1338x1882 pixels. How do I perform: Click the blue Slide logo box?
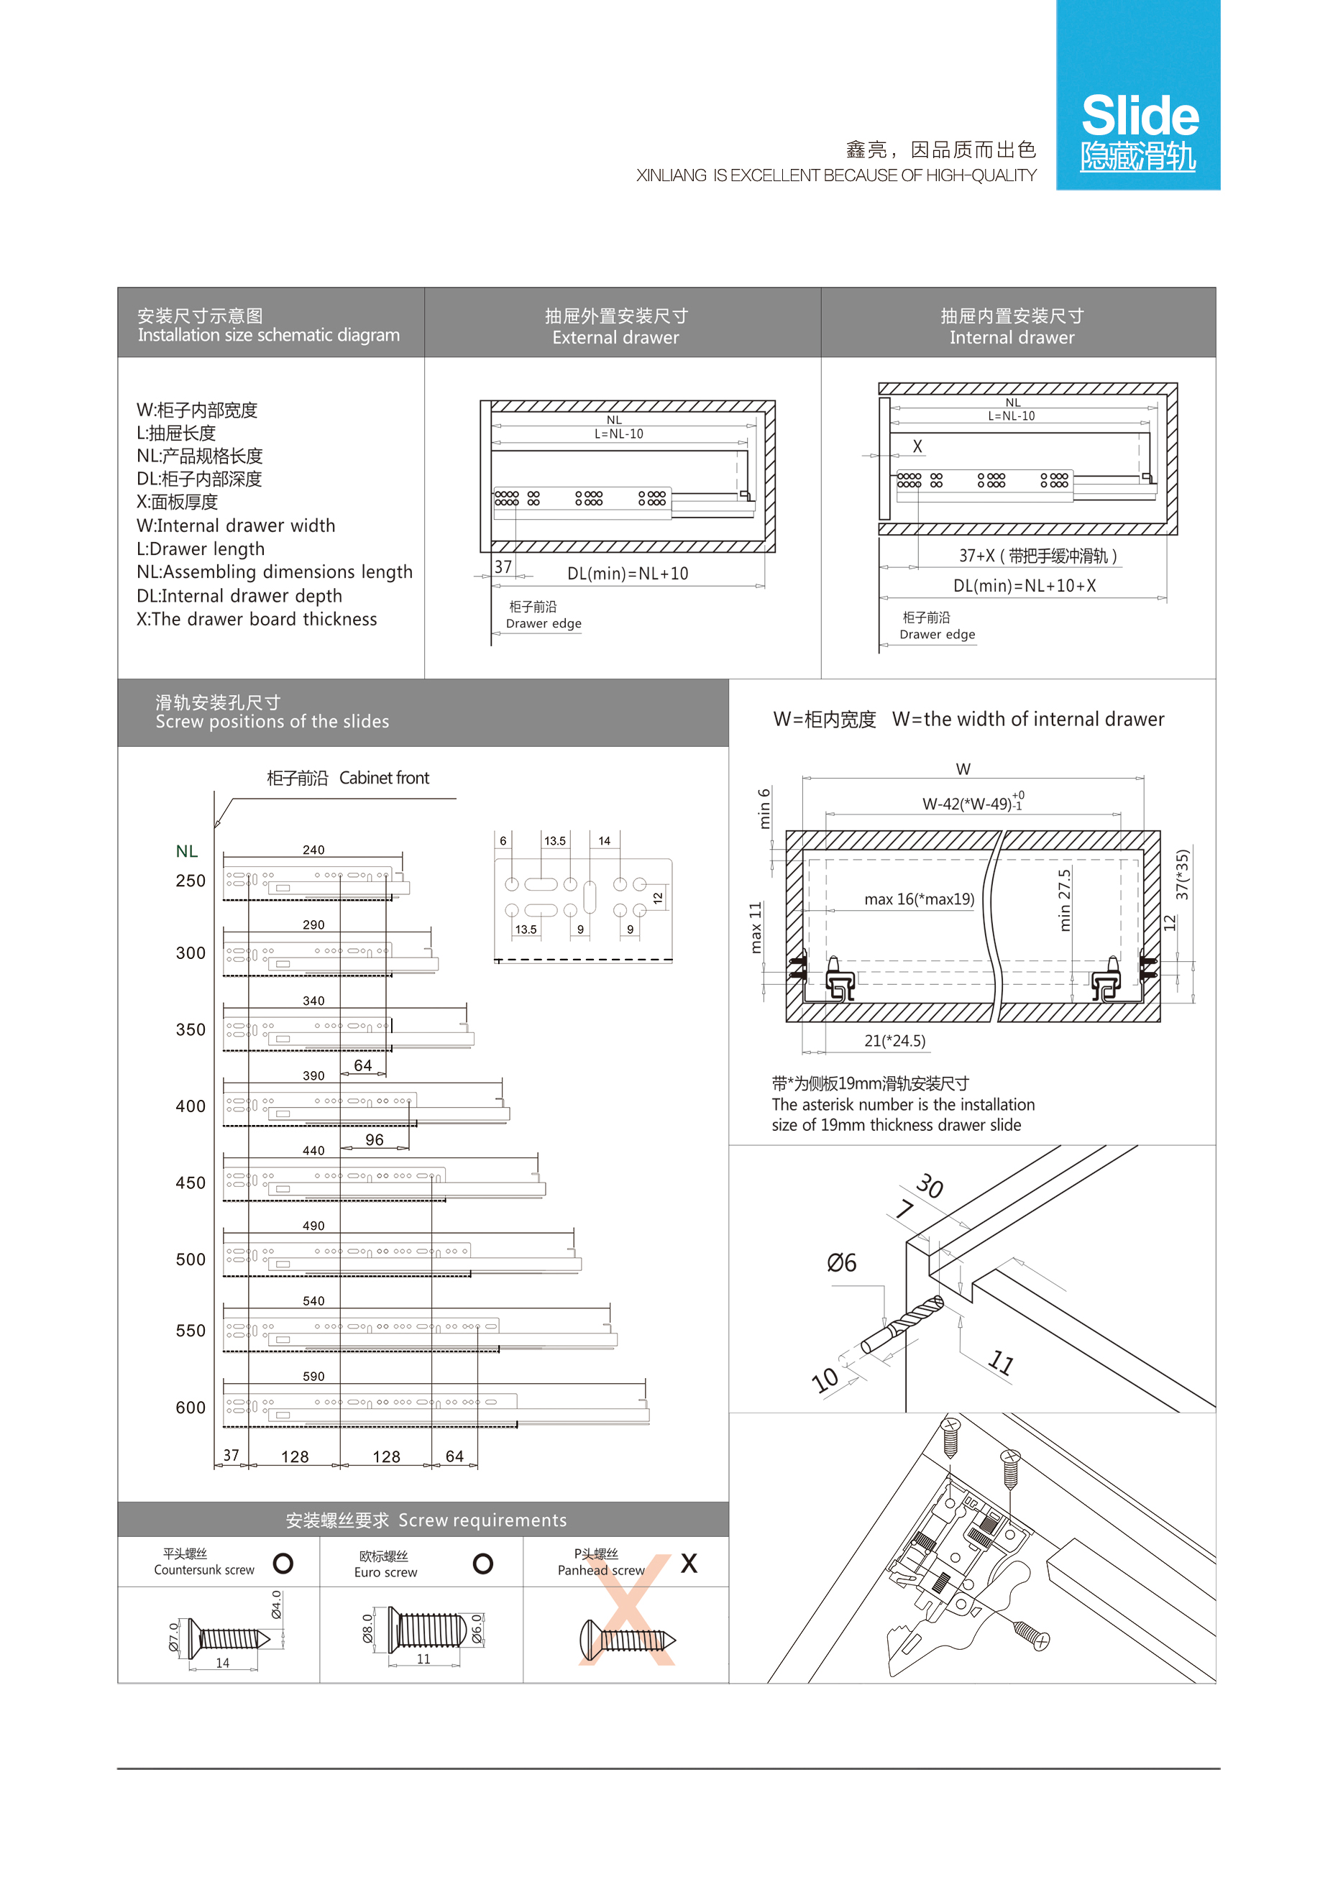coord(1138,95)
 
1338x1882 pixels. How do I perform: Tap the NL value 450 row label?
coord(191,1183)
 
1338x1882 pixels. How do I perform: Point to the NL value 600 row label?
coord(191,1408)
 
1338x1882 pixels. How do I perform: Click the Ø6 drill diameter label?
coord(841,1262)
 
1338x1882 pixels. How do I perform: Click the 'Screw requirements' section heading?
coord(425,1520)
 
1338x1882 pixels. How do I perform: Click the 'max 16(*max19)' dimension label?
coord(919,899)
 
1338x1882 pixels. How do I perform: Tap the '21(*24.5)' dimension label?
coord(894,1041)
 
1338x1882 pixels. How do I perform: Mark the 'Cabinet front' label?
coord(384,779)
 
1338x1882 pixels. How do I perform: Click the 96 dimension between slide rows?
coord(374,1140)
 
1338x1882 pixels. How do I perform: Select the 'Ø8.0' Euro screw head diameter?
coord(367,1628)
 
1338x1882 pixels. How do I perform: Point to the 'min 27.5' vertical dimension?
coord(1065,899)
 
